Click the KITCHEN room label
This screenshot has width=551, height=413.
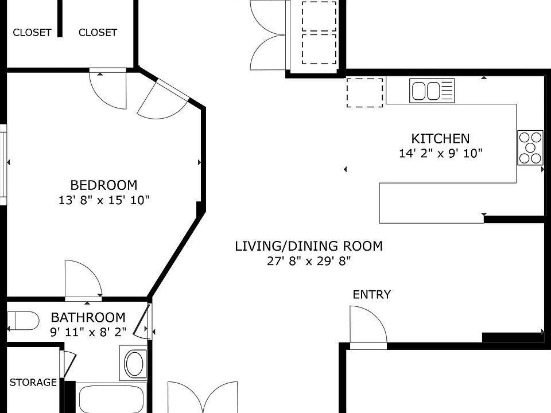pyautogui.click(x=440, y=139)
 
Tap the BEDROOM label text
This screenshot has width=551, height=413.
pyautogui.click(x=104, y=185)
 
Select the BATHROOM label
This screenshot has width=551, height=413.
pyautogui.click(x=88, y=317)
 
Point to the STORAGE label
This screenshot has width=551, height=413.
pyautogui.click(x=33, y=382)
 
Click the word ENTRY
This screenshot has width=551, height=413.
pyautogui.click(x=372, y=294)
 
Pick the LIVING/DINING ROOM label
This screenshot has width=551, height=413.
pyautogui.click(x=309, y=246)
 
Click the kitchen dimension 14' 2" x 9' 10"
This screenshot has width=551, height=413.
pyautogui.click(x=441, y=154)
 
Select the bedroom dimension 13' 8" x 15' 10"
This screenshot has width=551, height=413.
pyautogui.click(x=104, y=200)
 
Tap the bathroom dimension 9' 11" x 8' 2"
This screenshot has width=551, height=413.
pyautogui.click(x=88, y=332)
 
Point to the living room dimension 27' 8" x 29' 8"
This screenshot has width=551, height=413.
pyautogui.click(x=309, y=261)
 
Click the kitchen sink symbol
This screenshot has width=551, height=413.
pyautogui.click(x=432, y=91)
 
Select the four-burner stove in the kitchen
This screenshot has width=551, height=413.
pyautogui.click(x=530, y=147)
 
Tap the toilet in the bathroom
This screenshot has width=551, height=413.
pyautogui.click(x=23, y=321)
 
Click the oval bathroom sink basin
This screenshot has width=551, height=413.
pyautogui.click(x=134, y=363)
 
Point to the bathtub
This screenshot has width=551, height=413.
pyautogui.click(x=111, y=399)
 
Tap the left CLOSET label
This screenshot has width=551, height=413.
pyautogui.click(x=32, y=33)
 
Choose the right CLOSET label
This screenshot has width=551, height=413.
pyautogui.click(x=98, y=33)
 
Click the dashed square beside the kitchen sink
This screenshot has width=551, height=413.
pyautogui.click(x=365, y=93)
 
